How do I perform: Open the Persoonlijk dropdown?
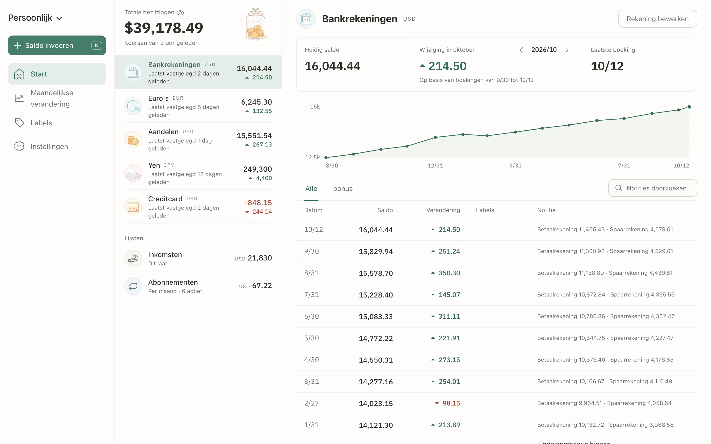point(35,18)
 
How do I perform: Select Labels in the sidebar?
point(41,123)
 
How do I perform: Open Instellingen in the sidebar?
point(49,146)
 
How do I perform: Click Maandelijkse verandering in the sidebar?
point(52,98)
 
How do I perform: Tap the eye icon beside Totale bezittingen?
point(180,13)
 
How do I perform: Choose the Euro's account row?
point(198,106)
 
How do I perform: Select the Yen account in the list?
point(198,173)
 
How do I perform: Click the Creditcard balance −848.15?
point(257,203)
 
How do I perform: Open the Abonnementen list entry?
point(198,286)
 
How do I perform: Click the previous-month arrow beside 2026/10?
point(521,50)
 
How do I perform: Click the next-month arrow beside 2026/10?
point(567,50)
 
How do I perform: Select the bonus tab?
point(343,188)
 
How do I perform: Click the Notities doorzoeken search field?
point(652,188)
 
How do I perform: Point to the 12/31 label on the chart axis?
point(435,165)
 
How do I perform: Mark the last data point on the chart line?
point(689,107)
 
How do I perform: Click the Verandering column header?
point(443,210)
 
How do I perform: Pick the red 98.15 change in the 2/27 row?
point(451,403)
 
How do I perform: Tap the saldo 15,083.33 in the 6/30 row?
point(375,316)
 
